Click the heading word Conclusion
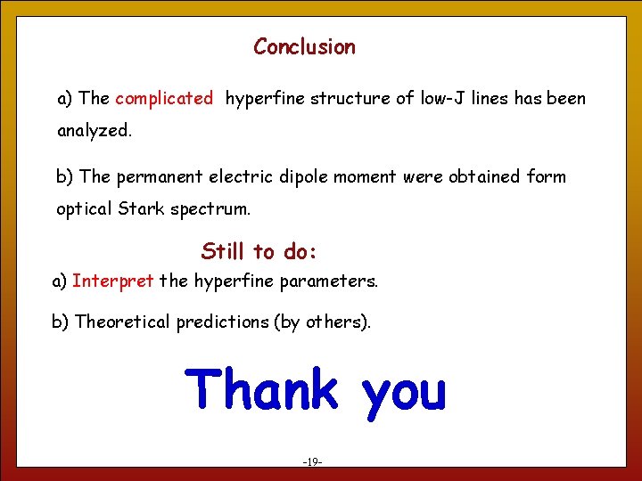(x=304, y=47)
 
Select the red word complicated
(x=164, y=99)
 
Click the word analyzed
(x=94, y=132)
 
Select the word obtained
(x=479, y=177)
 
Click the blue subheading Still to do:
(x=259, y=251)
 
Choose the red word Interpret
(x=113, y=281)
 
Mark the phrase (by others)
(x=325, y=322)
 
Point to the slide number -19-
(x=312, y=462)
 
